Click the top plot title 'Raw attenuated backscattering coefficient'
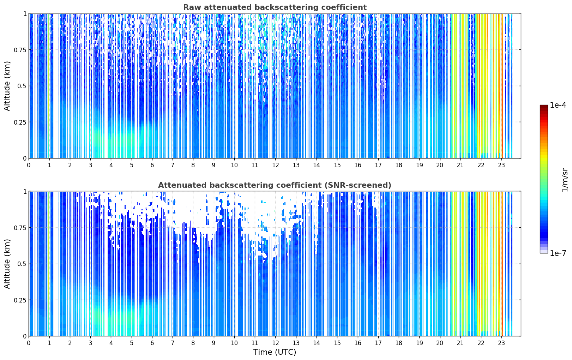[275, 7]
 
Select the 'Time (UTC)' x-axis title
[275, 352]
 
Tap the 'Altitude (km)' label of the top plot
[7, 86]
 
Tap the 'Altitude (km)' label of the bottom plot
[7, 264]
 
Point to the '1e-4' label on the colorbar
[558, 105]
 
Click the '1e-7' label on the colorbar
[558, 253]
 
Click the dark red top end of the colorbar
[544, 106]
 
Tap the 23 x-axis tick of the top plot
[501, 165]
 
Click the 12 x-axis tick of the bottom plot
[275, 343]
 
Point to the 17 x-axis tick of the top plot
[378, 165]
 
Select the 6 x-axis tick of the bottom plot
[152, 343]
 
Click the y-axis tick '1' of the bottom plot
[25, 192]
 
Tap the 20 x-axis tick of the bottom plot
[440, 343]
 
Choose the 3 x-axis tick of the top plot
[90, 165]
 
